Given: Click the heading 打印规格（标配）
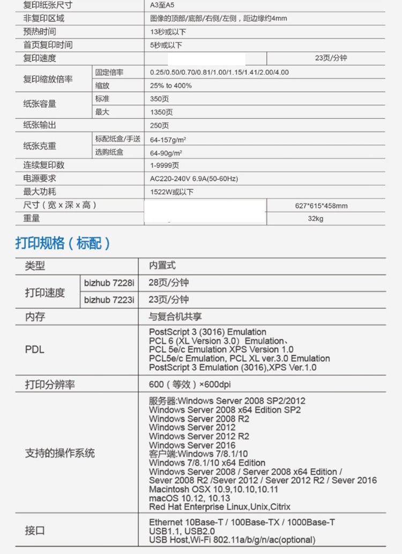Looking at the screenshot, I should point(63,243).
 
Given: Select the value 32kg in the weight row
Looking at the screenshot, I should point(316,219).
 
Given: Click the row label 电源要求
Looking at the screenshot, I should point(39,178).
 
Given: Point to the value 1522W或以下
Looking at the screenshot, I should point(172,192).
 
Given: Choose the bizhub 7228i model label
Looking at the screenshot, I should point(109,282).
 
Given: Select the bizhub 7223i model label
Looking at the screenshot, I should point(109,300).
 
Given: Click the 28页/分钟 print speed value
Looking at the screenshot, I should point(169,282).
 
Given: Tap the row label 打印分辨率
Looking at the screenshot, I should point(50,384).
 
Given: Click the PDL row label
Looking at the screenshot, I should point(35,349).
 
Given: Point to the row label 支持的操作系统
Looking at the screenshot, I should point(59,453).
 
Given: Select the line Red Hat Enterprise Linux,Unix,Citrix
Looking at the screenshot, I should point(220,507).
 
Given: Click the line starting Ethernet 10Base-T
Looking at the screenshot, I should point(243,522).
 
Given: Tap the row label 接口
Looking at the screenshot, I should point(35,530).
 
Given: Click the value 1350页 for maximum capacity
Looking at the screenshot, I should point(161,112).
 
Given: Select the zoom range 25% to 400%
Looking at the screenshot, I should point(171,86).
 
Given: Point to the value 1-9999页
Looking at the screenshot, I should point(165,166).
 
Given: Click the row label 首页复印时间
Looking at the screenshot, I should point(48,45).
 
